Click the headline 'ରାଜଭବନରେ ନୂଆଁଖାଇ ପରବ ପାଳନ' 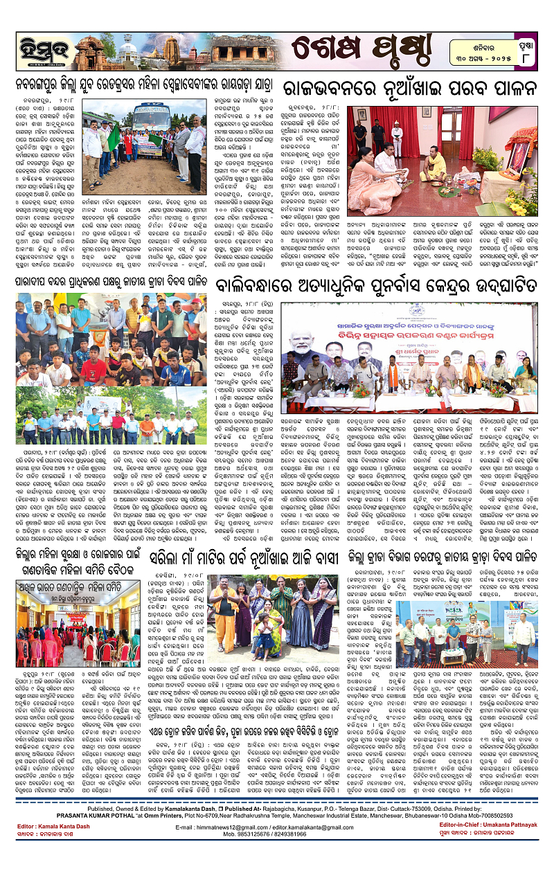coord(410,91)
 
